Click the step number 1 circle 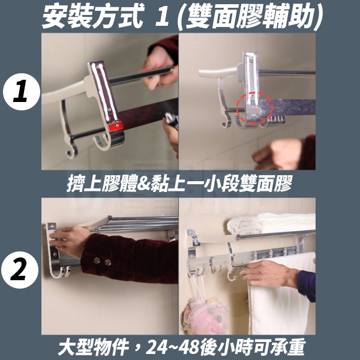[x=21, y=92]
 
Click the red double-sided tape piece [x=115, y=126]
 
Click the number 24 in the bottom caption [x=156, y=347]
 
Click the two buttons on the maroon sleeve [x=102, y=261]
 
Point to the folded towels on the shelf [x=271, y=222]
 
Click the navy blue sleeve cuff [x=307, y=285]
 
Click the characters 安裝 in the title [x=67, y=17]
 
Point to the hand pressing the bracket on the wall [x=69, y=238]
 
